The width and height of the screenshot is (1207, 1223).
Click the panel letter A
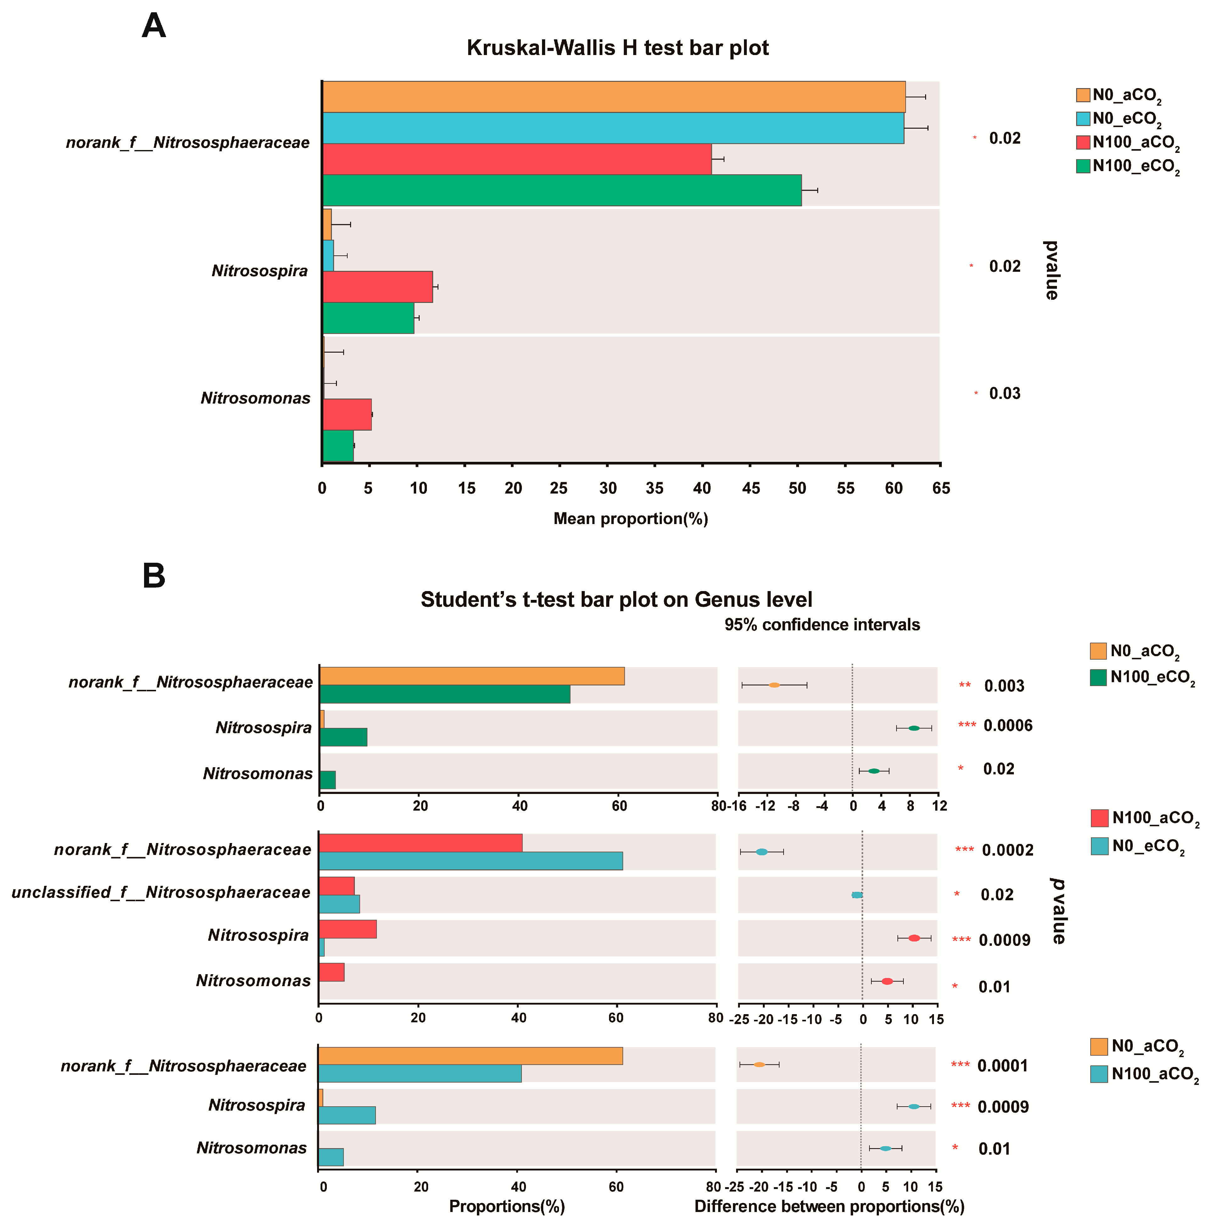154,27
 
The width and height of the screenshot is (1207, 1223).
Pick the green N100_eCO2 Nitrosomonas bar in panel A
338,446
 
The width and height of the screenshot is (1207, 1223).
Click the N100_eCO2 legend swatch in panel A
1083,166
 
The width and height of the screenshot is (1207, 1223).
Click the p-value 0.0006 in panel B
1008,725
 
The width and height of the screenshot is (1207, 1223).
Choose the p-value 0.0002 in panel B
1008,850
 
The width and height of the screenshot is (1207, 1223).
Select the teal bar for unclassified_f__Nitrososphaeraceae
339,904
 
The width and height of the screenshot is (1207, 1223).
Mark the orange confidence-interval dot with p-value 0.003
774,685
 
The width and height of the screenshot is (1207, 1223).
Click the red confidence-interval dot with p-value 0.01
887,981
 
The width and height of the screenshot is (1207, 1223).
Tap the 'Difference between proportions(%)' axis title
829,1206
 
